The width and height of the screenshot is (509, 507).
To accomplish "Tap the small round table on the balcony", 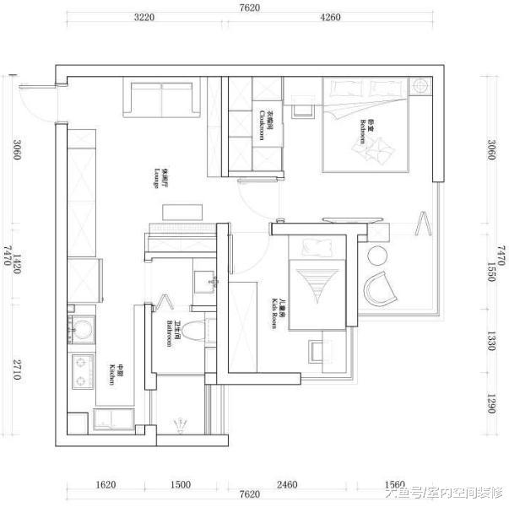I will pos(376,255).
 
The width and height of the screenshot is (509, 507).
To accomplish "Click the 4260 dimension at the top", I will pos(329,19).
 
